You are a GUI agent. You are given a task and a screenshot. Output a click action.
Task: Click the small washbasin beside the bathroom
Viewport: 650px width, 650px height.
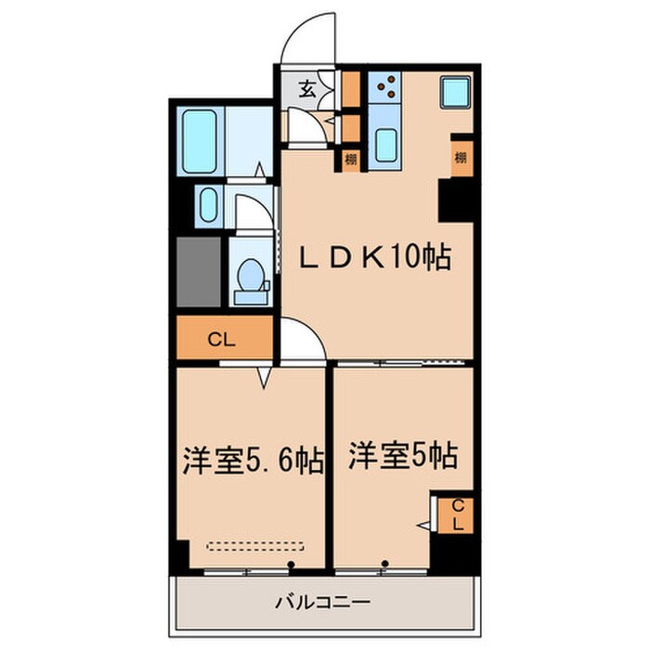[208, 204]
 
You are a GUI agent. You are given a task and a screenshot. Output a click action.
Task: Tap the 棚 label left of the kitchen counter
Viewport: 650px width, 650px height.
[350, 158]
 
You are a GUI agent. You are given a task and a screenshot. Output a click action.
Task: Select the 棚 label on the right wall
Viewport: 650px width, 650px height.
[461, 157]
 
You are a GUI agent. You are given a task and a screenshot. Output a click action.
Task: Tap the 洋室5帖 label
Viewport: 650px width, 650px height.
[402, 455]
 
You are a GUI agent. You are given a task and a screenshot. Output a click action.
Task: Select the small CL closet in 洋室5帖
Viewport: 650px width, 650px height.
[457, 514]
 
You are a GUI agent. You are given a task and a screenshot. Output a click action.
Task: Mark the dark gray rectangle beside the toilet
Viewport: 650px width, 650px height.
[199, 272]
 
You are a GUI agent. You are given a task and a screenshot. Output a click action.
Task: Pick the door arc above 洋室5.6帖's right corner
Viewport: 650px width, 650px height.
[303, 338]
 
